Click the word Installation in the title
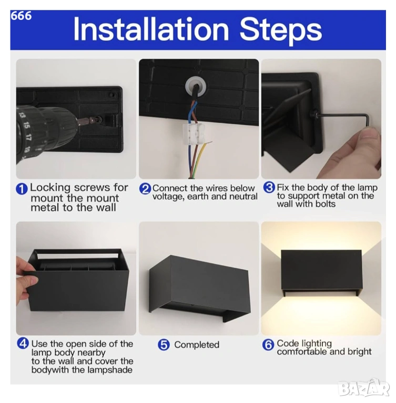click(x=151, y=29)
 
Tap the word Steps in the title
click(x=281, y=31)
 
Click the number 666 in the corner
click(x=21, y=16)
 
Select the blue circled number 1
click(x=22, y=189)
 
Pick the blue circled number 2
click(x=145, y=189)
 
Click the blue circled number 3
click(x=269, y=188)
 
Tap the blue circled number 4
click(x=23, y=343)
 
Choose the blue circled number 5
click(x=164, y=345)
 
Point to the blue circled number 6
click(x=268, y=345)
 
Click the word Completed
click(x=197, y=345)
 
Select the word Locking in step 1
click(x=50, y=188)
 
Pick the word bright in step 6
click(x=359, y=352)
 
